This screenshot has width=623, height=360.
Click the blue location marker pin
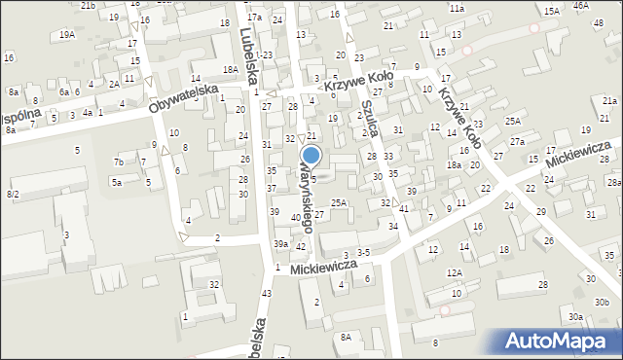(311, 156)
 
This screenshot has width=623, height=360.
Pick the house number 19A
(67, 34)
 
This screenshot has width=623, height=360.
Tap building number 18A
(230, 69)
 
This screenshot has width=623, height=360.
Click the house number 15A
(552, 11)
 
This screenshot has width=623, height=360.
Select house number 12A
(455, 273)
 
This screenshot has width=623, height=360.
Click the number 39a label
(280, 244)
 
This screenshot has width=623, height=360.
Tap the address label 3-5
(363, 252)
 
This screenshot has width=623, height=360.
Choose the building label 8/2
(13, 195)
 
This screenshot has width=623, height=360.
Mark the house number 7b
(118, 162)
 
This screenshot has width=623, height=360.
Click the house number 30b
(603, 303)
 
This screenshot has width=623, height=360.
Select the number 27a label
(517, 142)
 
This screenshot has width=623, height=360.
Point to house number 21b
(89, 6)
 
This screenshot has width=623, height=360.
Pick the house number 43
(266, 293)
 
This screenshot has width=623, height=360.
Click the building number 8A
(346, 337)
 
